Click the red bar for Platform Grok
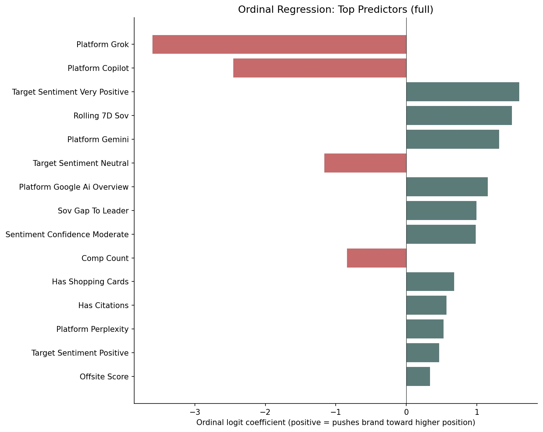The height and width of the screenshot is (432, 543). click(x=279, y=45)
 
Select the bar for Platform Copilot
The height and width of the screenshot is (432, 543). click(x=320, y=68)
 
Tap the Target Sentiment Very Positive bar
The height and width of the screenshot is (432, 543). click(x=463, y=92)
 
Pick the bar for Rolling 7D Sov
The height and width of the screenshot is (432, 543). click(x=459, y=115)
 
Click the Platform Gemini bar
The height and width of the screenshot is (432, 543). click(x=452, y=139)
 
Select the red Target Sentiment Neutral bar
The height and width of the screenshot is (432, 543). click(x=365, y=163)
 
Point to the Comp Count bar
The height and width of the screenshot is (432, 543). click(x=376, y=258)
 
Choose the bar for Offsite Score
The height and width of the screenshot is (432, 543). click(x=418, y=376)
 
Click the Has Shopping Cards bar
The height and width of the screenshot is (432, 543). click(x=430, y=282)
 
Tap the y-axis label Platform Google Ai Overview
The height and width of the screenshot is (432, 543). click(x=73, y=187)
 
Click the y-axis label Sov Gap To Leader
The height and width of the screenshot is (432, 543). click(x=93, y=211)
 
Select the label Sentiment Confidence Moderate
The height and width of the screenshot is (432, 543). click(x=67, y=235)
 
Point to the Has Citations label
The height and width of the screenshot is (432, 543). click(x=103, y=306)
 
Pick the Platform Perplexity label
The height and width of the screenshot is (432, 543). click(x=92, y=329)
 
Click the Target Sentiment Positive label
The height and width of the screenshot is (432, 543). click(x=80, y=353)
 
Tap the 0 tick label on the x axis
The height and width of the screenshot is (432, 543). click(x=406, y=412)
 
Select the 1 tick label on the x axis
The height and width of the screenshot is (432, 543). click(x=476, y=412)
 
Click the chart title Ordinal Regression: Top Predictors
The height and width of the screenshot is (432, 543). click(x=335, y=10)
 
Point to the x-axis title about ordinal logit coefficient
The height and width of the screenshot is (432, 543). click(x=335, y=423)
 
